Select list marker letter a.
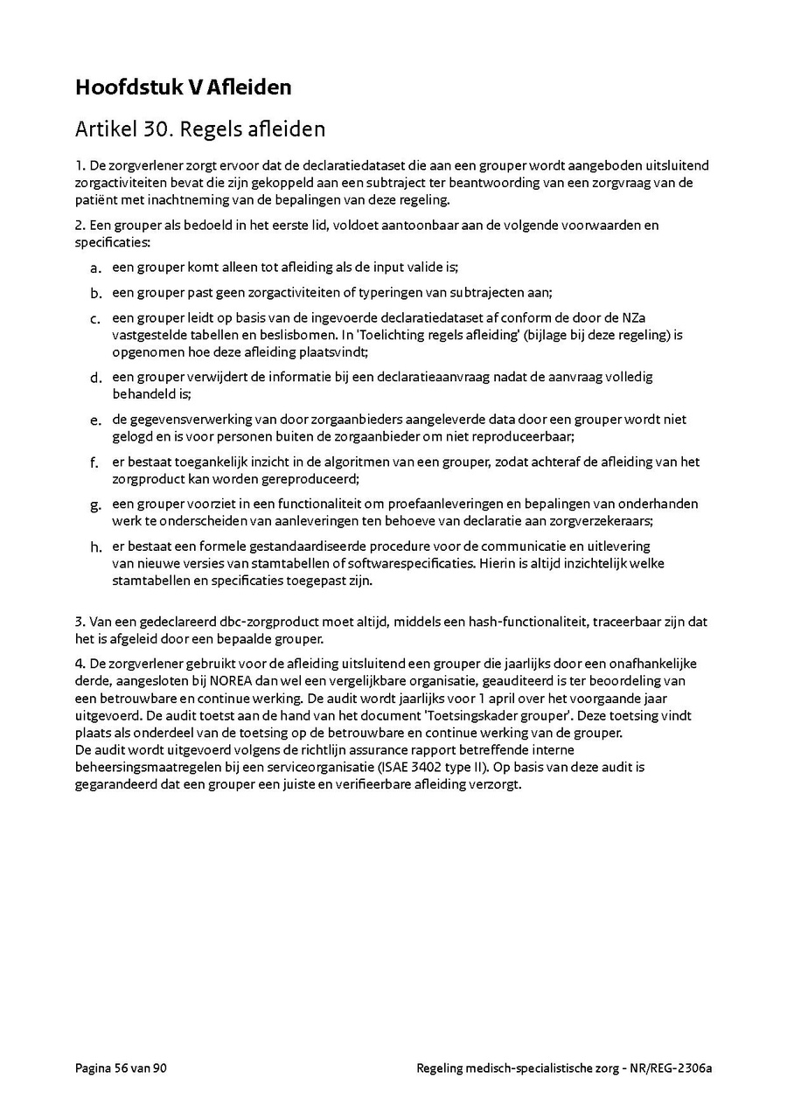pos(95,268)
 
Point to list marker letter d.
pos(95,378)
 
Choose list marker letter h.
pos(95,547)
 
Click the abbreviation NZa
pos(648,317)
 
